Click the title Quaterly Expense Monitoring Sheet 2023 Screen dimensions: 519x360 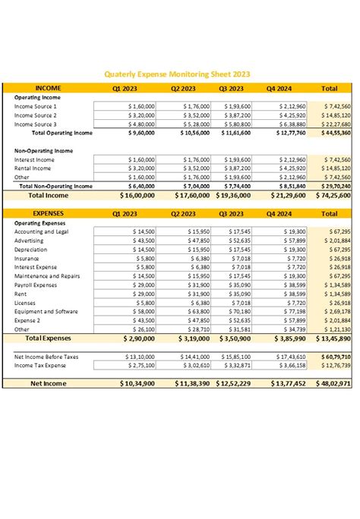[x=179, y=74]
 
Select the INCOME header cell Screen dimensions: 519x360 [x=48, y=88]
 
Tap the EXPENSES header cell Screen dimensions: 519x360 [x=48, y=214]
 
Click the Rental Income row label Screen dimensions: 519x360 [x=33, y=168]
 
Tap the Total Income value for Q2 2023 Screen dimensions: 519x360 [x=186, y=195]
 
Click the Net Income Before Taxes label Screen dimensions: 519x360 [x=47, y=356]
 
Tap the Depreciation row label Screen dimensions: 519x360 [x=31, y=250]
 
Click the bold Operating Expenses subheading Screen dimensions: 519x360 [x=40, y=223]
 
